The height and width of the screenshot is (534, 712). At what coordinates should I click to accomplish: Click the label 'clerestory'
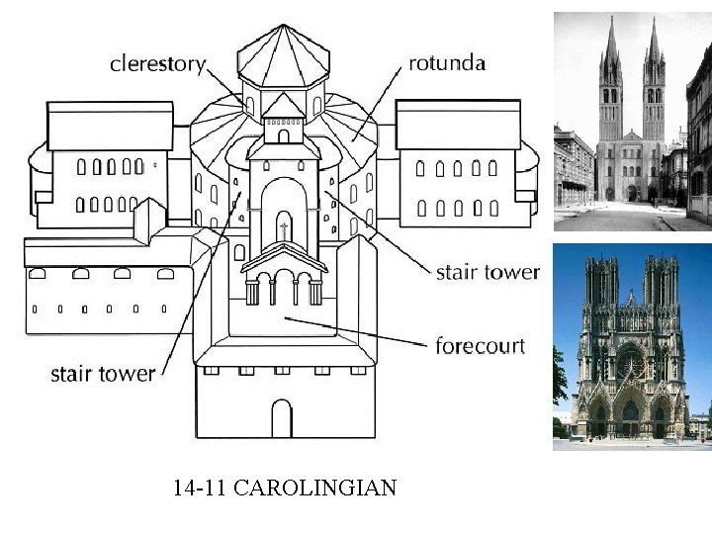157,64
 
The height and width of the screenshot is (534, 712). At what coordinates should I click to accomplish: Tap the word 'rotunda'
447,63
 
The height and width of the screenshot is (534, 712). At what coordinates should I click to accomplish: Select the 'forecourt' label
480,346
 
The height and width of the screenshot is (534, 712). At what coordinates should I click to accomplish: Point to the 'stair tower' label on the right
488,272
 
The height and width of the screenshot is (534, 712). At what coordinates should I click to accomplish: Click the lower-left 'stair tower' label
103,373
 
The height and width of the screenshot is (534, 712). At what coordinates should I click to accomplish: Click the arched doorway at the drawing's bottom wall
283,417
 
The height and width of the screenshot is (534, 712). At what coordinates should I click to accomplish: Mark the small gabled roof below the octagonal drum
283,107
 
